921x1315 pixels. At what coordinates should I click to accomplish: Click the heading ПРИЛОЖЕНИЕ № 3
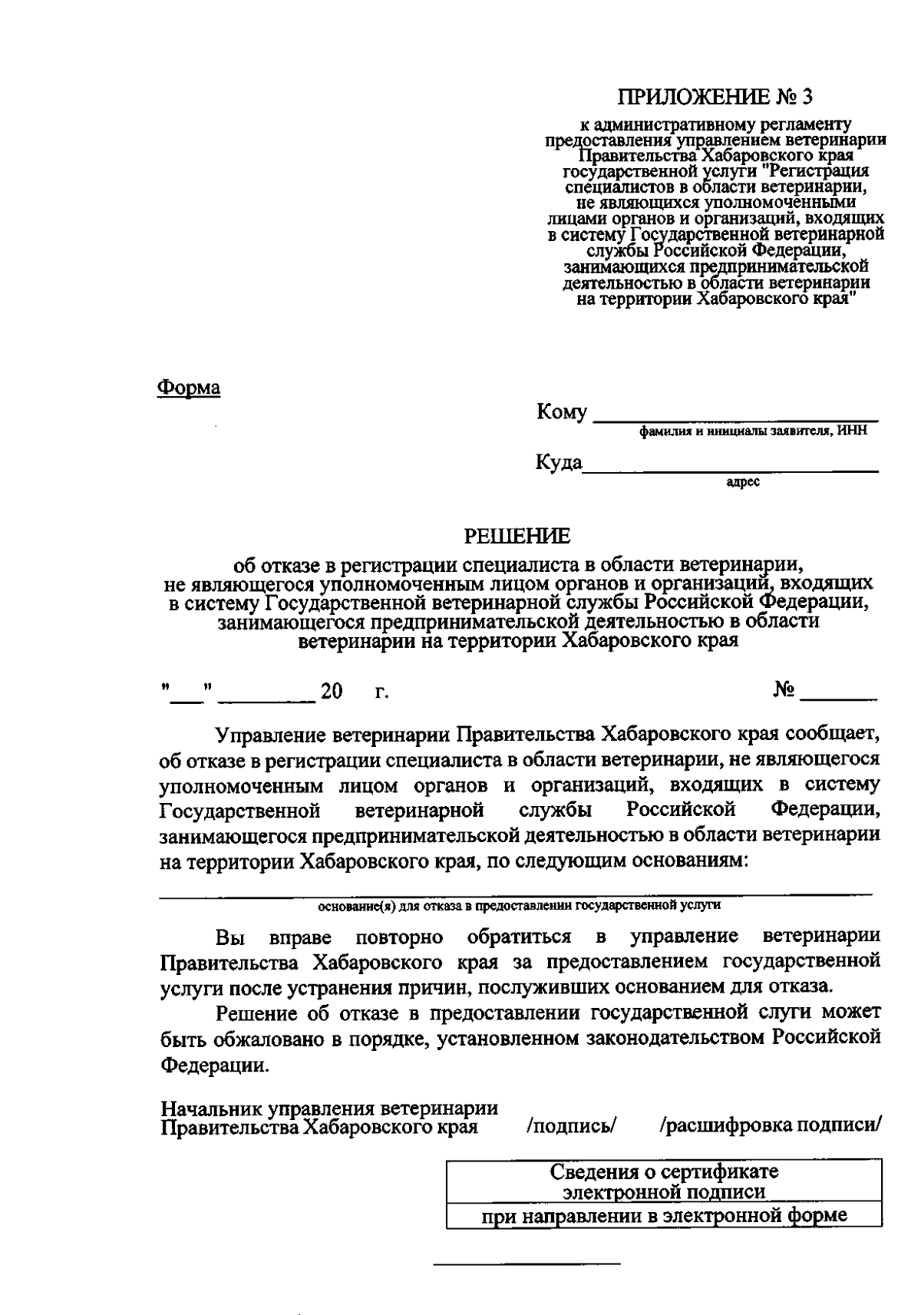click(x=715, y=97)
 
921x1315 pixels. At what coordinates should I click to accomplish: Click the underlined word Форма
click(x=189, y=388)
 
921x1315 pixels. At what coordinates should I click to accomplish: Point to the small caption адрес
click(x=742, y=482)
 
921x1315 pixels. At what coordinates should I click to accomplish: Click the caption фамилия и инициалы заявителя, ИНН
click(x=754, y=431)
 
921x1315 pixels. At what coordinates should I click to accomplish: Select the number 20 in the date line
click(x=332, y=692)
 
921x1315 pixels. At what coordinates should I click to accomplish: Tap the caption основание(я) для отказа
click(x=519, y=905)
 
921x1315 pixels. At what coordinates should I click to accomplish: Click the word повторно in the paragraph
click(x=400, y=937)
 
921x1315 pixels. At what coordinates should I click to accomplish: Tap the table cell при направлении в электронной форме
click(x=664, y=1216)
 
